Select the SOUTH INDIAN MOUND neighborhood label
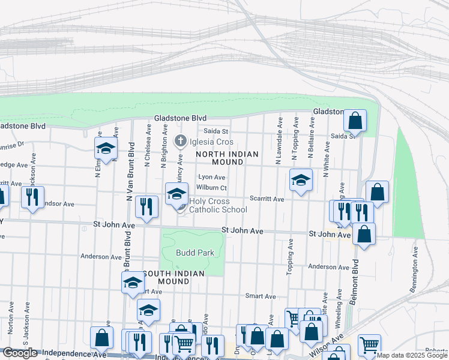click(x=174, y=277)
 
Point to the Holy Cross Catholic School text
click(x=218, y=206)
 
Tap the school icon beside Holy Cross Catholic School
click(x=176, y=194)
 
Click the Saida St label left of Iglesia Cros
click(x=216, y=131)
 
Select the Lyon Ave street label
click(x=212, y=178)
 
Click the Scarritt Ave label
click(x=267, y=199)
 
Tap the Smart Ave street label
click(x=261, y=296)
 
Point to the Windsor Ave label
click(x=57, y=204)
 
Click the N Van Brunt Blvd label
click(x=129, y=177)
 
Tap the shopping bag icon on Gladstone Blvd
click(x=355, y=121)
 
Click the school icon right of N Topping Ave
click(x=301, y=180)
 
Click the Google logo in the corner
click(x=20, y=353)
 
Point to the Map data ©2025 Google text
click(x=412, y=355)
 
